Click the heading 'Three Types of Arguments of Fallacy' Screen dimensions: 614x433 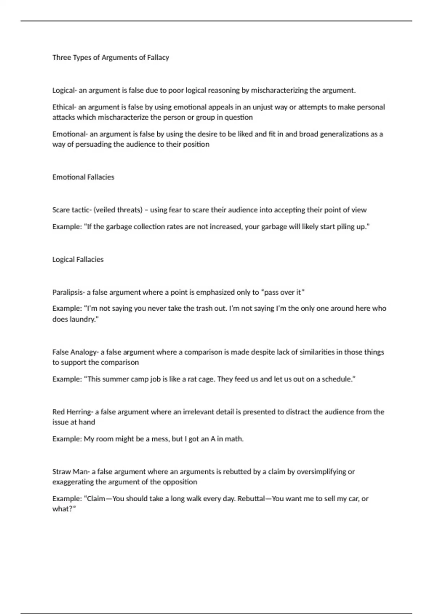(x=110, y=57)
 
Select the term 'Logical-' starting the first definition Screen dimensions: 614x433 (x=65, y=90)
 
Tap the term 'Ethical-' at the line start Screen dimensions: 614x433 (x=64, y=107)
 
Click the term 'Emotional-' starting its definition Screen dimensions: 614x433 (x=70, y=134)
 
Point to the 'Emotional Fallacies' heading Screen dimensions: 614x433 (x=83, y=177)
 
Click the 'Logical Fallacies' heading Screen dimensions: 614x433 (x=78, y=259)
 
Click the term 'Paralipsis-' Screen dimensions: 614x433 (x=69, y=292)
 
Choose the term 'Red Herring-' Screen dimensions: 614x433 (x=73, y=412)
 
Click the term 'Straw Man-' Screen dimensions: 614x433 (x=71, y=471)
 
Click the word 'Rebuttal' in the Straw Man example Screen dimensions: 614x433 (x=251, y=498)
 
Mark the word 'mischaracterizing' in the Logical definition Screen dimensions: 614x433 (x=277, y=90)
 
